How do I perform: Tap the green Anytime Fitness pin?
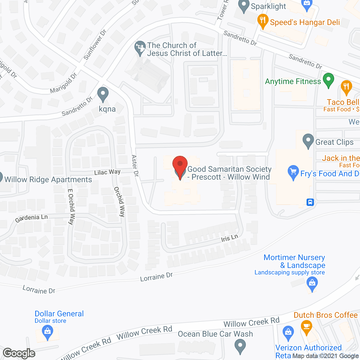(x=328, y=80)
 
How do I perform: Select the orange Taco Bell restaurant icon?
(x=346, y=87)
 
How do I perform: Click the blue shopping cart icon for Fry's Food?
(x=293, y=172)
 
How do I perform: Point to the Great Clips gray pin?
(x=308, y=141)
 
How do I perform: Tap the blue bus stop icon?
(x=310, y=202)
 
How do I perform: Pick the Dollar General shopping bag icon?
(x=48, y=332)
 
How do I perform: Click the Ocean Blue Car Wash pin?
(x=240, y=346)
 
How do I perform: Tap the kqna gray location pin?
(x=103, y=94)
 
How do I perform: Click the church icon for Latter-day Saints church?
(x=140, y=48)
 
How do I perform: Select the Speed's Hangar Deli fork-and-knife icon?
(x=263, y=21)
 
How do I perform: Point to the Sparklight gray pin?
(x=244, y=6)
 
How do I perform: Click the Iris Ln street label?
(x=229, y=238)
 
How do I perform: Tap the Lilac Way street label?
(x=107, y=172)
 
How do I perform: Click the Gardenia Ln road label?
(x=31, y=218)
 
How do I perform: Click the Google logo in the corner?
(x=19, y=353)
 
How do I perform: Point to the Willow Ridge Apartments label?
(x=48, y=180)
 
